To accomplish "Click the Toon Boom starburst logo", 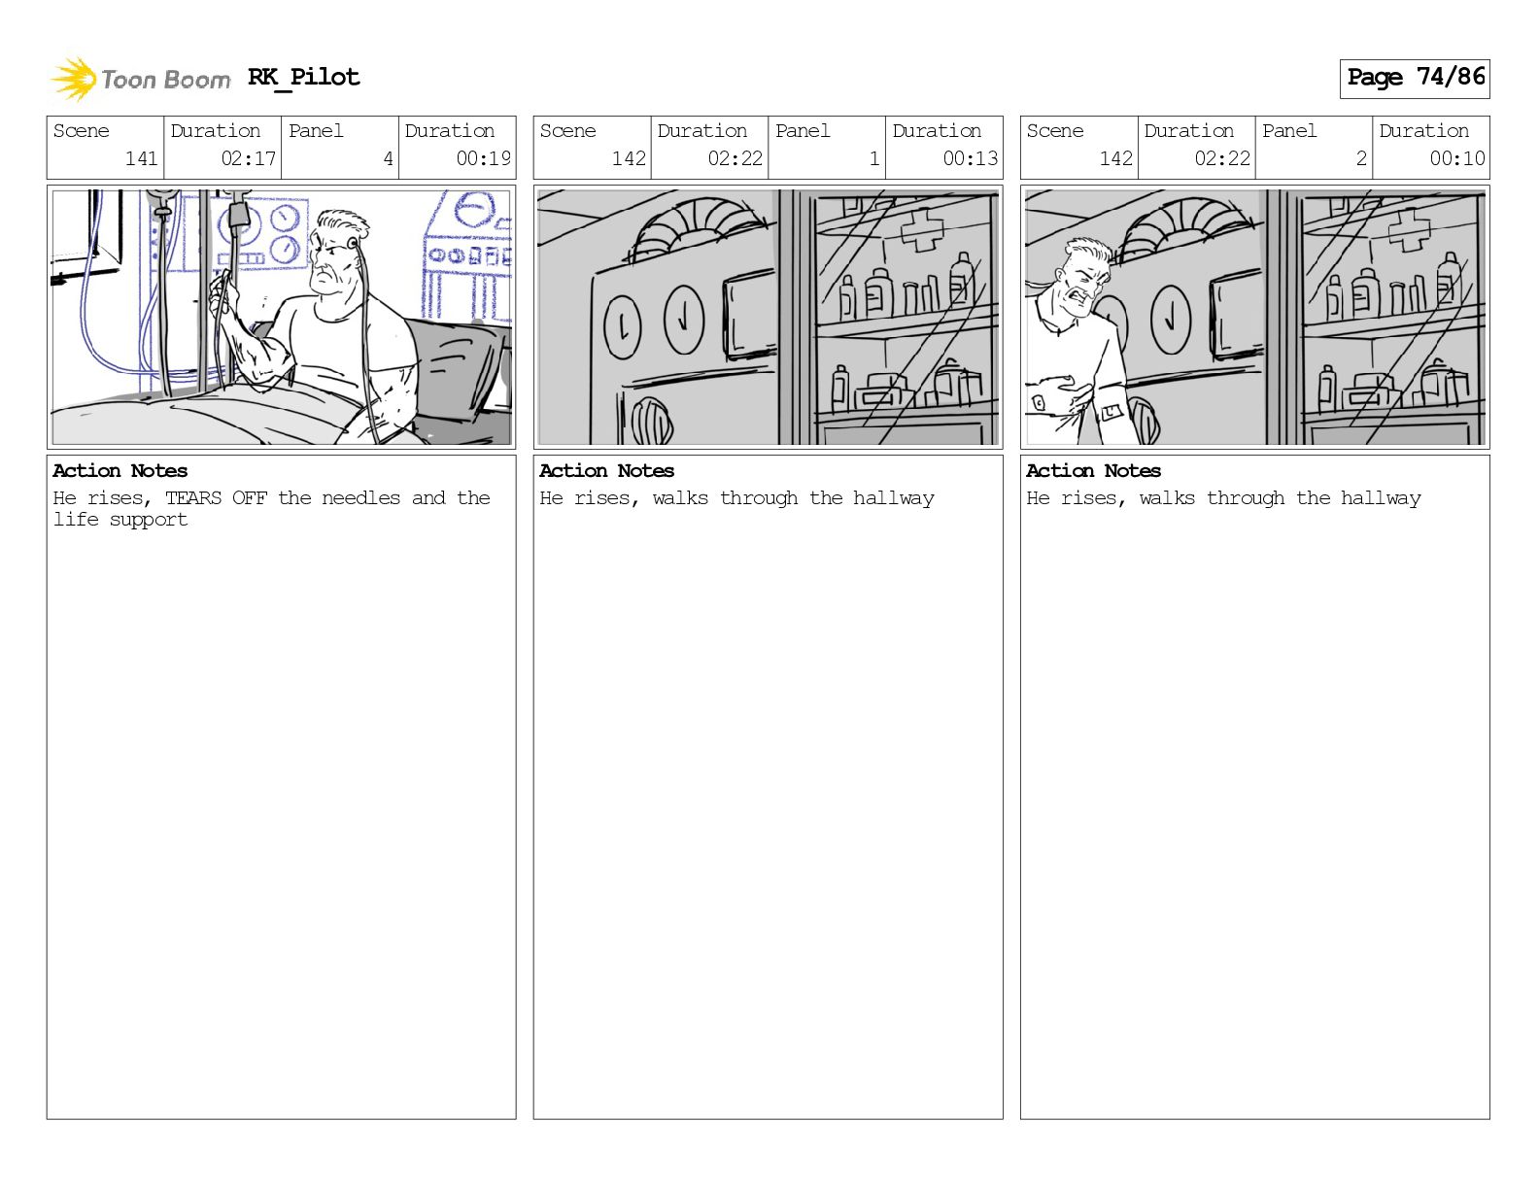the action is [74, 79].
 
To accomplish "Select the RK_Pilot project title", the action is [304, 77].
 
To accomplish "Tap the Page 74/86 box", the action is [1415, 79].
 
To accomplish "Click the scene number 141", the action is [142, 158].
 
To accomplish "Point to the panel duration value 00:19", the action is [483, 158].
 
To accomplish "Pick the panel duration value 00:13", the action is [971, 158].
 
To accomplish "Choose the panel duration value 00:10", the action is [1456, 158].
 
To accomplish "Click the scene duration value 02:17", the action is [249, 158].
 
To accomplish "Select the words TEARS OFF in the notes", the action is [216, 497].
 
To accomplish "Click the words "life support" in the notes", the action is [120, 520].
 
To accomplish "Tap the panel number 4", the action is [388, 158].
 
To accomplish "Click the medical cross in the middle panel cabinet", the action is [922, 229].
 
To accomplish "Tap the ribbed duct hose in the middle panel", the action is [698, 226].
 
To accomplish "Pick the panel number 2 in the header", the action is [1361, 158].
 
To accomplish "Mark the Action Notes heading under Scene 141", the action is [120, 471].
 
